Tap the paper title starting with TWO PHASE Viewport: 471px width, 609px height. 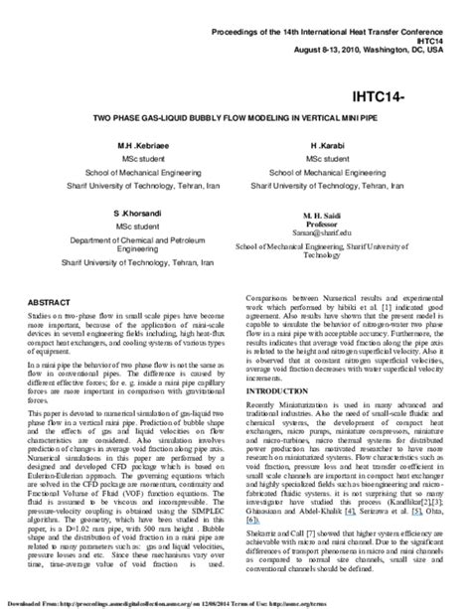[235, 118]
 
